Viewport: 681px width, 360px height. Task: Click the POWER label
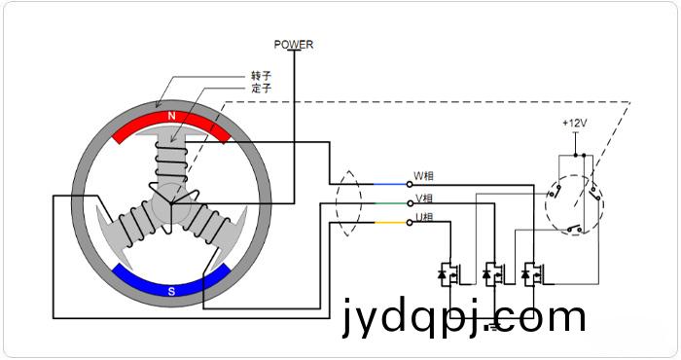[294, 45]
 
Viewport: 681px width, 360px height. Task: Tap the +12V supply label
[575, 124]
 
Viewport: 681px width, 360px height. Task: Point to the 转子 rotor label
[261, 76]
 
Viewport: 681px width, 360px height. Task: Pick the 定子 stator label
[261, 89]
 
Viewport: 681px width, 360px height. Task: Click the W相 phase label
[423, 176]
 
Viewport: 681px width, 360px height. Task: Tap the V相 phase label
[424, 198]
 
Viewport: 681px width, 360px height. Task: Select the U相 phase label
[424, 217]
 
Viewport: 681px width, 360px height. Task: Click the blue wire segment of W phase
[390, 184]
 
